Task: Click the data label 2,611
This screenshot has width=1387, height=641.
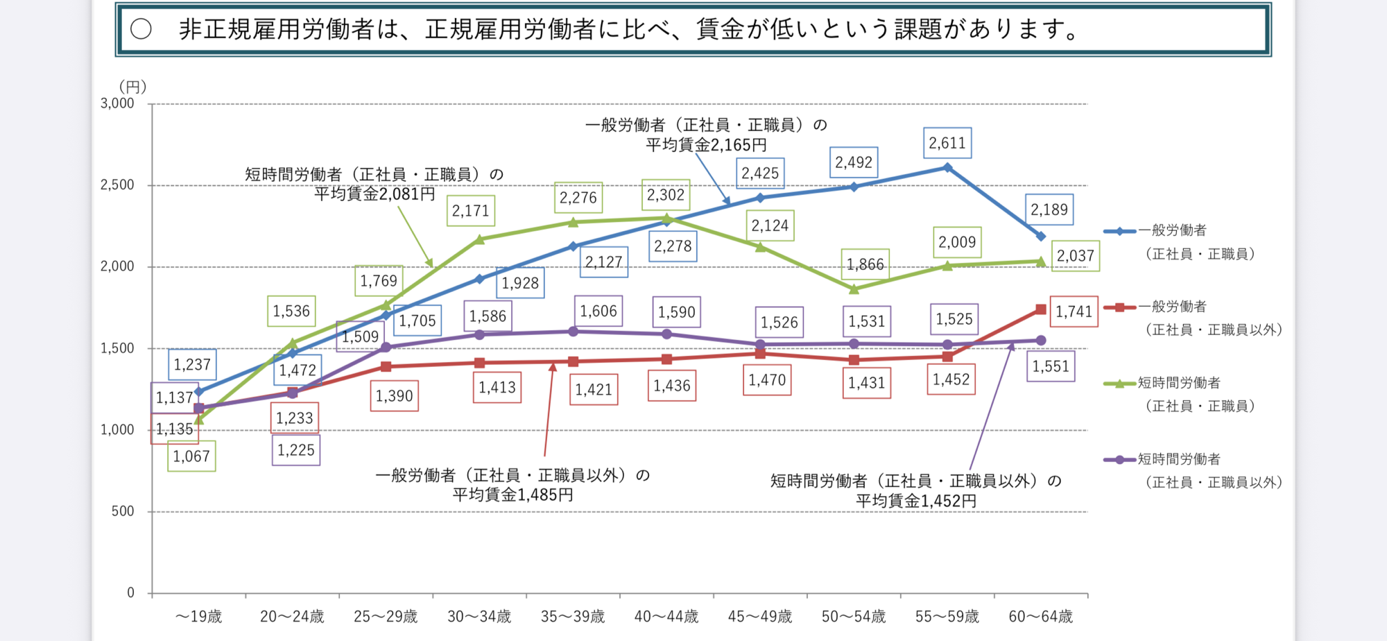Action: coord(947,143)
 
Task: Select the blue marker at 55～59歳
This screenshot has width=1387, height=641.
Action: coord(947,167)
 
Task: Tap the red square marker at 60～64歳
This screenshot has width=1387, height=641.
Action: coord(1040,309)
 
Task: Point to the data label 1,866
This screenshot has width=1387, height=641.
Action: coord(865,264)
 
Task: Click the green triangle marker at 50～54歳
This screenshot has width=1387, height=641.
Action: coord(854,289)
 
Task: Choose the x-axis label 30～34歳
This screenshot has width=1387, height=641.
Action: coord(479,616)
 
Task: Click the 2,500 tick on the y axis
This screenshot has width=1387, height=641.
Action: coord(117,185)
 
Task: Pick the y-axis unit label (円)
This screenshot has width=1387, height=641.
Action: coord(132,87)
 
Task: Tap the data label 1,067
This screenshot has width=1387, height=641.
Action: coord(191,456)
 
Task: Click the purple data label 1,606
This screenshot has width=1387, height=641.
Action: coord(598,311)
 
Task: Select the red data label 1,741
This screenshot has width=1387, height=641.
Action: coord(1074,311)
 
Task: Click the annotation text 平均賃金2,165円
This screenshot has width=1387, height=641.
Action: coord(706,145)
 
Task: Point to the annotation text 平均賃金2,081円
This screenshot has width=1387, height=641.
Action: coord(374,194)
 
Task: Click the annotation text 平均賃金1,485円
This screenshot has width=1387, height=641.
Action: coord(512,495)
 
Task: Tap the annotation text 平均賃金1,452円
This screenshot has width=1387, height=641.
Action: coord(915,501)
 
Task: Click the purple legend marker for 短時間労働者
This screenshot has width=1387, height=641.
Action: coord(1119,459)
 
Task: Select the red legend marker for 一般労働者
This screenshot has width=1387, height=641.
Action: coord(1119,307)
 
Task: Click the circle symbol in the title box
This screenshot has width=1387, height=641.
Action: coord(141,29)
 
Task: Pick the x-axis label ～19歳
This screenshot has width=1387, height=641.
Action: coord(199,616)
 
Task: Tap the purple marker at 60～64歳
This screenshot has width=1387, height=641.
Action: coord(1040,341)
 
